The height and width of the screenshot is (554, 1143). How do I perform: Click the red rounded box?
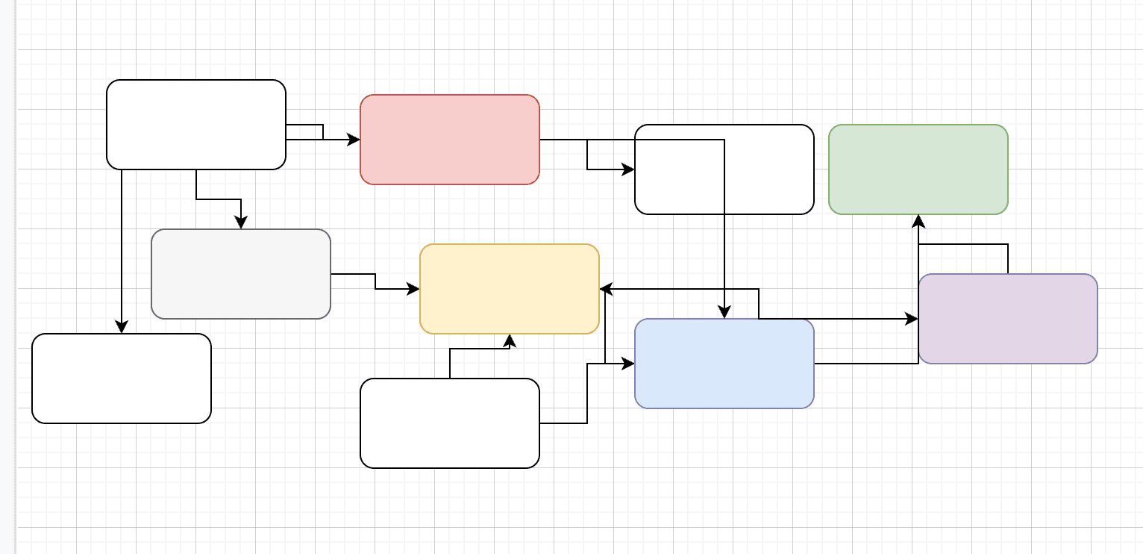[x=449, y=140]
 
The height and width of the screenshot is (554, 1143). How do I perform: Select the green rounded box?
[x=918, y=169]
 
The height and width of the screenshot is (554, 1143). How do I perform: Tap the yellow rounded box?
[x=509, y=289]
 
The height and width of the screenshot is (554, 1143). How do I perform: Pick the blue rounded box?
[x=724, y=364]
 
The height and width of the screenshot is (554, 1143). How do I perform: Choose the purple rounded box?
[x=1007, y=319]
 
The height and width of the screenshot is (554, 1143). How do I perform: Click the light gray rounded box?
[x=240, y=274]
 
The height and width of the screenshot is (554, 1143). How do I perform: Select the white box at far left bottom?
[x=121, y=379]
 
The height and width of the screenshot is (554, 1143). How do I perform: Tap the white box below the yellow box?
[x=449, y=423]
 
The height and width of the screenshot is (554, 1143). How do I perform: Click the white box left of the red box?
[x=195, y=125]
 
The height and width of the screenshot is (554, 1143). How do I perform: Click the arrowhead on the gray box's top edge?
[x=241, y=223]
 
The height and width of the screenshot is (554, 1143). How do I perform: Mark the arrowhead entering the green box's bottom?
[x=918, y=220]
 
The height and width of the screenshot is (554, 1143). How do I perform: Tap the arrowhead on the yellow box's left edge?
[x=414, y=289]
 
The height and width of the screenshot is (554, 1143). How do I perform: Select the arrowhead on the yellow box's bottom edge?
[x=510, y=340]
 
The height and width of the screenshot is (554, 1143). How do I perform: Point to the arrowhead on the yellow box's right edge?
[x=605, y=289]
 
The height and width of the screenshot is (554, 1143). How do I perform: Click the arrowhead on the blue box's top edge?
[x=724, y=313]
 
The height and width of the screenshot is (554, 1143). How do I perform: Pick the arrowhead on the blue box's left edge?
[x=629, y=364]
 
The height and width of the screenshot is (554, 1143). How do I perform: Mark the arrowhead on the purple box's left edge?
[x=912, y=319]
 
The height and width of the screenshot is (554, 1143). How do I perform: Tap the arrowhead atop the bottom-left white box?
[x=122, y=328]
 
